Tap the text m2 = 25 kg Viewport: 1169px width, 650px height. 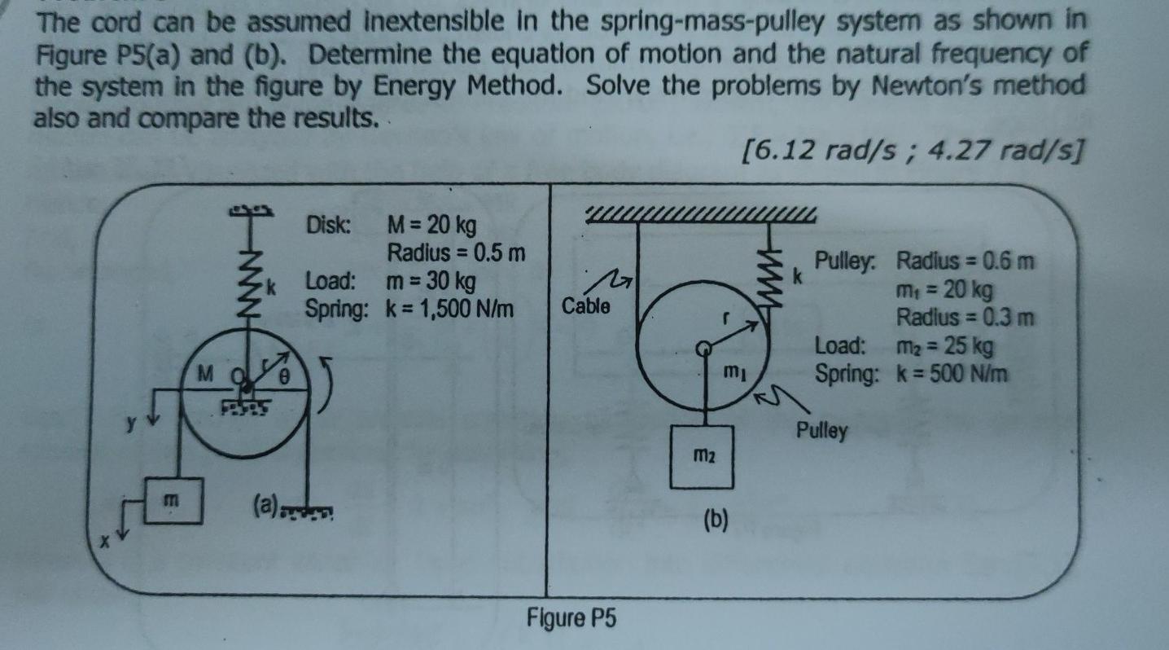click(x=945, y=347)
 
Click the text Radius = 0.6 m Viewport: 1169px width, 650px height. click(x=965, y=261)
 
